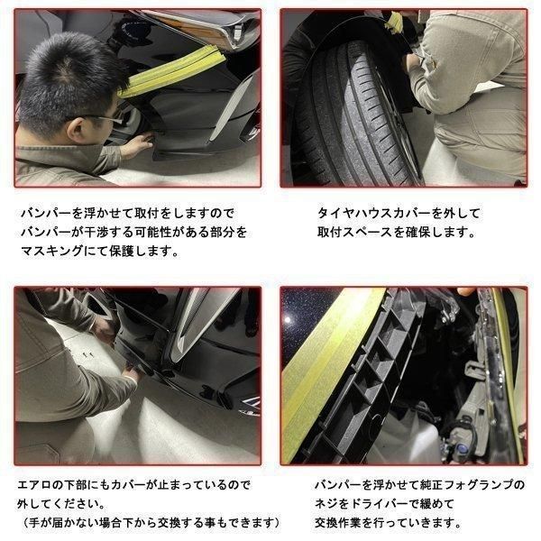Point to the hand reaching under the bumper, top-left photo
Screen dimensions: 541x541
click(138, 144)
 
